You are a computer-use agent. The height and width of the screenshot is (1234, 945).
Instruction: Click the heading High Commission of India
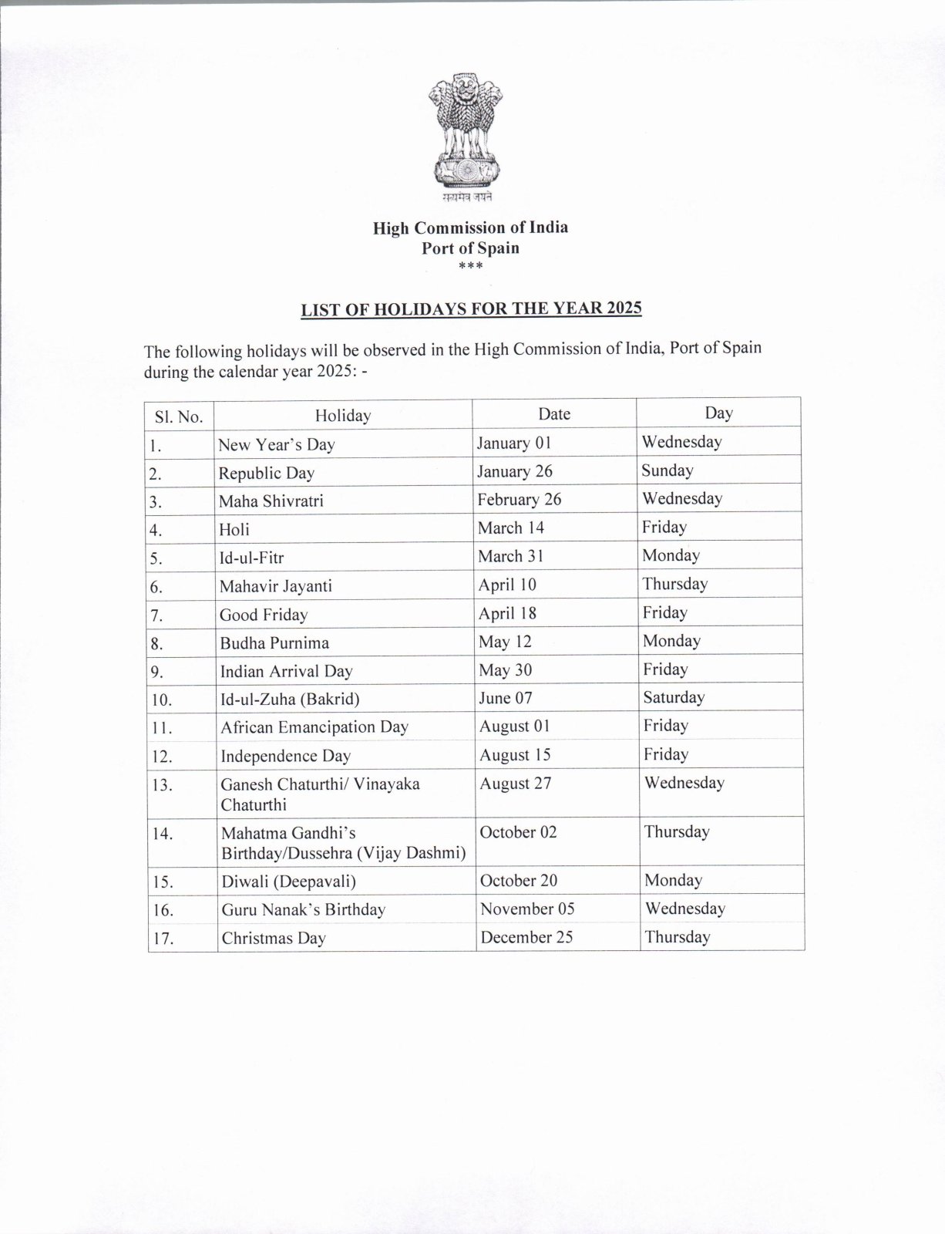point(470,228)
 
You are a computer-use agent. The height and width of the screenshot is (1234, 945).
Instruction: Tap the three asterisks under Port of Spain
point(470,267)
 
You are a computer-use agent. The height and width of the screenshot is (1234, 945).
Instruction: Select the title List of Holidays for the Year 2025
point(471,309)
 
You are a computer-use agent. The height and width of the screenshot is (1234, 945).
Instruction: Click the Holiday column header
point(343,416)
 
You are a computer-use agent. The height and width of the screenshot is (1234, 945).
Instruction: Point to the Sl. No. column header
point(179,417)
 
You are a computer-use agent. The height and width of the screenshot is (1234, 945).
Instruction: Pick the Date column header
point(554,414)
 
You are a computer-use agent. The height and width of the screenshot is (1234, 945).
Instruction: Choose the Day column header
point(718,413)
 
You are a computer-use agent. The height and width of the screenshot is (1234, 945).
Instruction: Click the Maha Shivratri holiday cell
point(271,501)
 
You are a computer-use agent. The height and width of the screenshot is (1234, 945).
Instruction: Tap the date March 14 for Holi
point(510,528)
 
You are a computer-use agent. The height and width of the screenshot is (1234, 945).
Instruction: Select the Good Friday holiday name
point(264,615)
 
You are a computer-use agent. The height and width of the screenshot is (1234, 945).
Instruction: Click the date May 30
point(506,670)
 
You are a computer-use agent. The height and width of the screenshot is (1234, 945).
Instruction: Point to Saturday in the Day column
point(674,697)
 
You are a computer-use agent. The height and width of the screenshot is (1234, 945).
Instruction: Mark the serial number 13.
point(163,785)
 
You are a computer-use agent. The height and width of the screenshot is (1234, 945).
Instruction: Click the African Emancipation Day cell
point(314,727)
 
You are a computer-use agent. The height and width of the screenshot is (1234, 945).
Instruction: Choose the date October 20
point(519,881)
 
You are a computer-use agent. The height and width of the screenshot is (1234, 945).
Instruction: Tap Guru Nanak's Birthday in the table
point(304,910)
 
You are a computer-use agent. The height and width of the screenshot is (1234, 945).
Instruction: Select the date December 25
point(527,938)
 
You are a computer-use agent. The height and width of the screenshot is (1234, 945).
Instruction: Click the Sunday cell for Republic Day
point(668,470)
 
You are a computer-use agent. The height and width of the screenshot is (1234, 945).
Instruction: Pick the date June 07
point(506,698)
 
